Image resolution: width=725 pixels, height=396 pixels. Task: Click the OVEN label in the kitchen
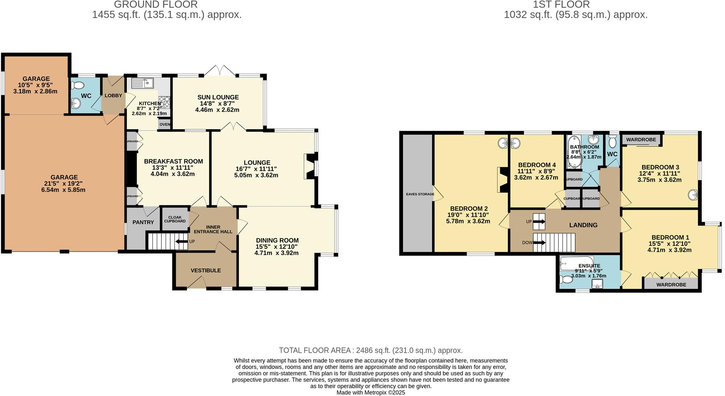pyautogui.click(x=164, y=124)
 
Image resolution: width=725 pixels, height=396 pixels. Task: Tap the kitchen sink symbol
pyautogui.click(x=142, y=83)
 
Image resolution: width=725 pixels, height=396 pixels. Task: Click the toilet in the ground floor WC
pyautogui.click(x=78, y=85)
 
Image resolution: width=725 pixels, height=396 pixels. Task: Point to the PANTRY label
pyautogui.click(x=143, y=222)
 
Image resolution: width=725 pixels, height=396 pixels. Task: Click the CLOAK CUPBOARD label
pyautogui.click(x=175, y=219)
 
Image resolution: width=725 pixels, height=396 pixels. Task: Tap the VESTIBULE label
pyautogui.click(x=206, y=271)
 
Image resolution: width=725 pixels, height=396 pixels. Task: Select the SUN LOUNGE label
pyautogui.click(x=218, y=97)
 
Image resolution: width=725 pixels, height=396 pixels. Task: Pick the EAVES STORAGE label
pyautogui.click(x=420, y=194)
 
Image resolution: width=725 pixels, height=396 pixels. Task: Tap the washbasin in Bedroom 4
pyautogui.click(x=516, y=144)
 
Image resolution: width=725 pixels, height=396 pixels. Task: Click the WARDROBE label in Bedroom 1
pyautogui.click(x=671, y=285)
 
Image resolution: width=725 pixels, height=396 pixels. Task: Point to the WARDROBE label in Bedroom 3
pyautogui.click(x=641, y=140)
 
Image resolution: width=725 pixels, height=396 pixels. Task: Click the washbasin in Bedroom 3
pyautogui.click(x=693, y=195)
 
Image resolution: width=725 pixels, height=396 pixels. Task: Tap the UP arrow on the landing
pyautogui.click(x=539, y=222)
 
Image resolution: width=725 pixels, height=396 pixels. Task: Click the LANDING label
pyautogui.click(x=583, y=225)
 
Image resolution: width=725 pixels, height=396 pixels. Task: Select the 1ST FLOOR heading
pyautogui.click(x=561, y=5)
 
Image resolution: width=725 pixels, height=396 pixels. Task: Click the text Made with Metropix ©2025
pyautogui.click(x=370, y=392)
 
